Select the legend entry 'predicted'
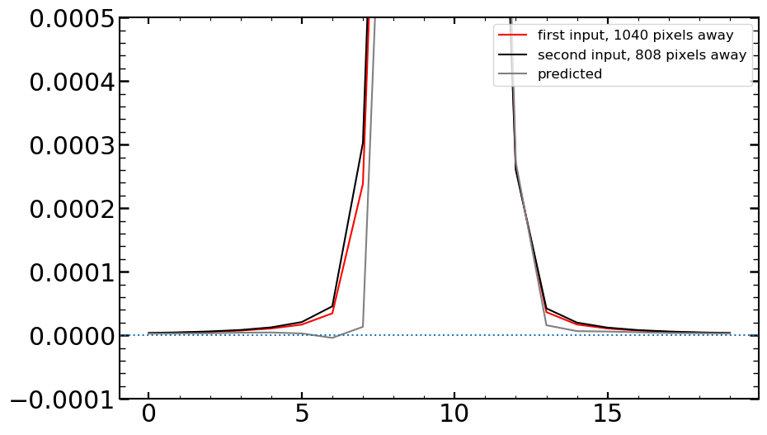click(x=570, y=74)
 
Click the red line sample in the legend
click(x=513, y=35)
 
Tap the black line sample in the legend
click(x=513, y=55)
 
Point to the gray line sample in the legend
click(x=513, y=74)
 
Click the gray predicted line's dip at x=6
click(x=332, y=338)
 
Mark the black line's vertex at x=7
click(x=363, y=142)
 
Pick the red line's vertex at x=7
click(x=363, y=183)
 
